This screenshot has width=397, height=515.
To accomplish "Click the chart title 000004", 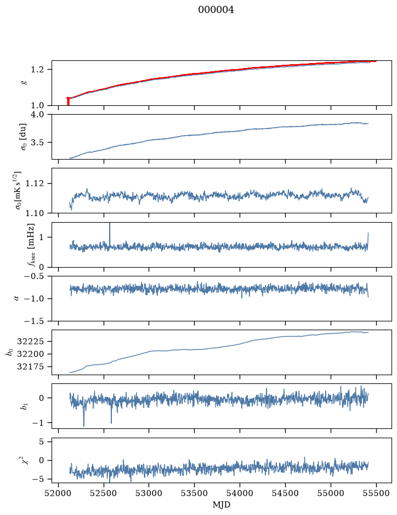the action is (216, 10).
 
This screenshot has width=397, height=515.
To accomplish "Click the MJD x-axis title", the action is (222, 505).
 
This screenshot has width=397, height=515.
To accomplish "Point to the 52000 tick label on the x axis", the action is (59, 493).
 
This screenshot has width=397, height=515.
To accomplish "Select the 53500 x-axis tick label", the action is (195, 493).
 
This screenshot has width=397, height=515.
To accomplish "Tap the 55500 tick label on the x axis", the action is (376, 493).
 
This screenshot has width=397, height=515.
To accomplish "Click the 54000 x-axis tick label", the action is (240, 493).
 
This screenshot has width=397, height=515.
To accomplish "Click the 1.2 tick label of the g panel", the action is (37, 70).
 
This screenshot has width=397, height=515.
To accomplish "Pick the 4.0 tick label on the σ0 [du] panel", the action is (37, 115).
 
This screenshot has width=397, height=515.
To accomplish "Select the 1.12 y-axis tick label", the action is (35, 183).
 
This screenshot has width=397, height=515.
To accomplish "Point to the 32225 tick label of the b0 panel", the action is (30, 342).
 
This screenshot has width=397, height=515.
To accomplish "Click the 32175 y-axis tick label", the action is (30, 367).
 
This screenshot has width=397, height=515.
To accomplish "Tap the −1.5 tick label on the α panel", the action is (34, 321).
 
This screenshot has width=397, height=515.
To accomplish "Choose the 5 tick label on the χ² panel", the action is (41, 442).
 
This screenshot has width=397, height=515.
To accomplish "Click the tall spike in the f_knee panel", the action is (110, 234).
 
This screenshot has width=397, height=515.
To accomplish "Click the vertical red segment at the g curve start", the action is (68, 101).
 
